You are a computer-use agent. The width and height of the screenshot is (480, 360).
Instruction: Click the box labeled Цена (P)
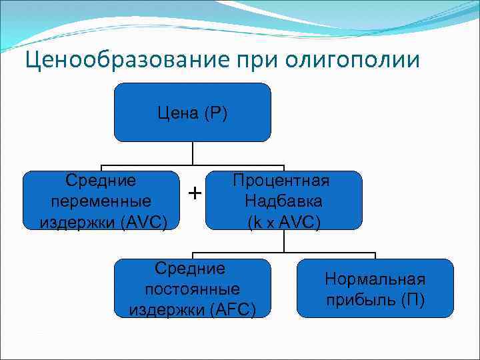(192, 112)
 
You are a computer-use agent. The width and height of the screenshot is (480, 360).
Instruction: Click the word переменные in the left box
(101, 200)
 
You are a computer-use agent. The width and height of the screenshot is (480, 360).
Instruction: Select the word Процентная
(284, 181)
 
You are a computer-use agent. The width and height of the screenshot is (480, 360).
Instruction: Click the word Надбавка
(284, 201)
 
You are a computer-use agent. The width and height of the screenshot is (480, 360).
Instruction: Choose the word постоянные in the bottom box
(192, 289)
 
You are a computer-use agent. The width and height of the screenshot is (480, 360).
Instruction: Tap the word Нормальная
(375, 279)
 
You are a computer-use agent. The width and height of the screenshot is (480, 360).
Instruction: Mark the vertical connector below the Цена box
(192, 153)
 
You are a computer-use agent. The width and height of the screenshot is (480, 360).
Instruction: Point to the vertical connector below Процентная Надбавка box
(284, 241)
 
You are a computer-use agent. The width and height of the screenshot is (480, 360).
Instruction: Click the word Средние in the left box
(101, 180)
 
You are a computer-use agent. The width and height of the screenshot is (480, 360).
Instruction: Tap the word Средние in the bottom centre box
(192, 269)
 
